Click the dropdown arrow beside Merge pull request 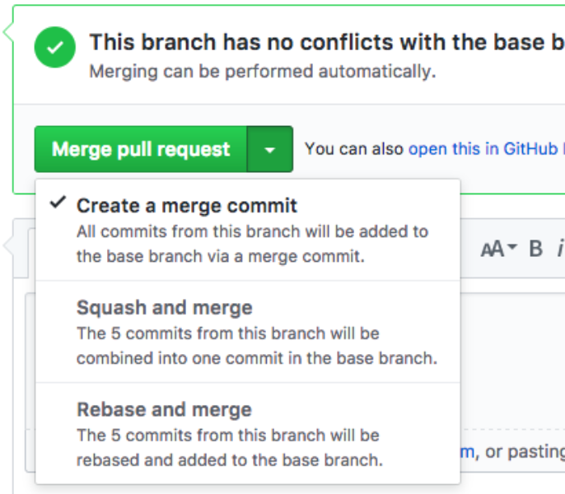click(x=270, y=150)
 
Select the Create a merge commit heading click(x=187, y=206)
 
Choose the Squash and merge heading click(x=165, y=308)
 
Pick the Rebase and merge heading click(x=164, y=409)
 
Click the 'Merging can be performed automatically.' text click(x=261, y=72)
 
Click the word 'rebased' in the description click(x=106, y=459)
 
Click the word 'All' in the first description click(x=86, y=231)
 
